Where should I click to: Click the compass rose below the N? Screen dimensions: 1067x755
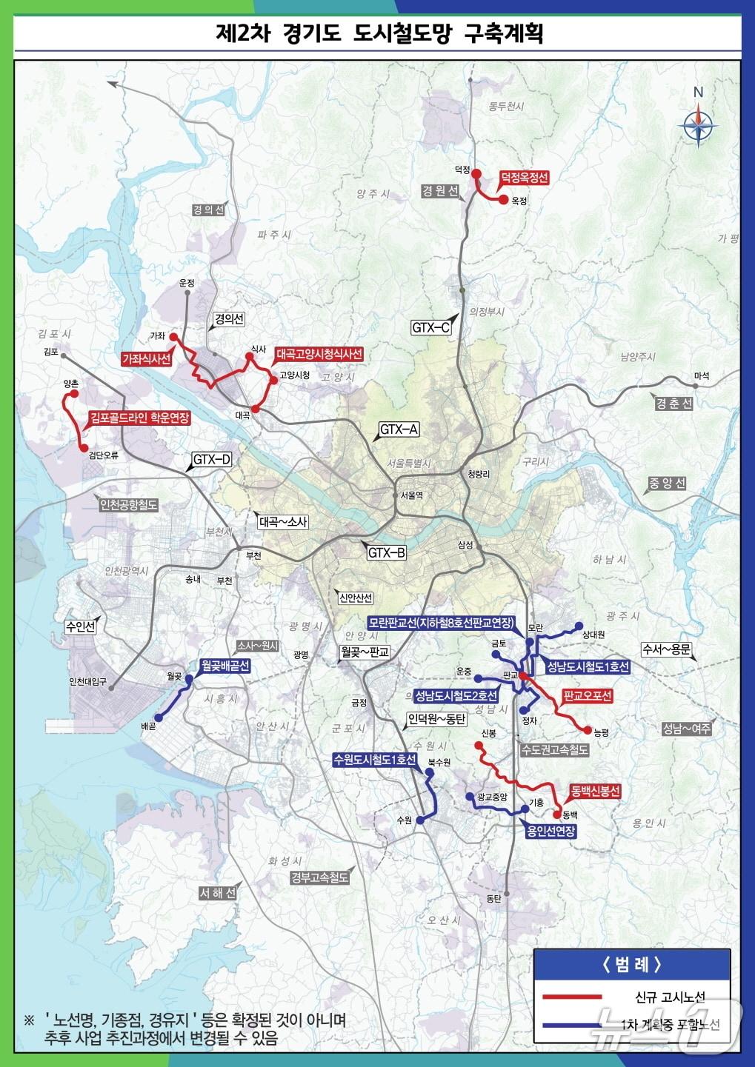pyautogui.click(x=697, y=125)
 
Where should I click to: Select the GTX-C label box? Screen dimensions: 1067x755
pyautogui.click(x=430, y=327)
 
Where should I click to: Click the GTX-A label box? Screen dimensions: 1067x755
pyautogui.click(x=399, y=429)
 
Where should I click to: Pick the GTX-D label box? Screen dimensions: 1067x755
pyautogui.click(x=212, y=460)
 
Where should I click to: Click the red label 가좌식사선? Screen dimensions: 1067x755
pyautogui.click(x=147, y=359)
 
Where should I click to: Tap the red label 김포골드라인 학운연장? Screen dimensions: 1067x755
pyautogui.click(x=139, y=418)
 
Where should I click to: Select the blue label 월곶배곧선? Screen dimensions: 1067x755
pyautogui.click(x=224, y=666)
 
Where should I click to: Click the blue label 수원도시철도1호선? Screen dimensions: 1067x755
pyautogui.click(x=375, y=760)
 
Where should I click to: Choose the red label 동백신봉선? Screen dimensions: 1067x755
pyautogui.click(x=595, y=792)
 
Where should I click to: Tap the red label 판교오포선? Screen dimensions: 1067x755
pyautogui.click(x=588, y=696)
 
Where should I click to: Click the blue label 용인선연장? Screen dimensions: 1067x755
pyautogui.click(x=550, y=831)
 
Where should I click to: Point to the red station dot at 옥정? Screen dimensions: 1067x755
pyautogui.click(x=503, y=200)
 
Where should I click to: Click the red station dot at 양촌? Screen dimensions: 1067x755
pyautogui.click(x=73, y=395)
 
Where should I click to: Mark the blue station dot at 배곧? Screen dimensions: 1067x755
pyautogui.click(x=158, y=718)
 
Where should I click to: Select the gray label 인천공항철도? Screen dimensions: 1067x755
pyautogui.click(x=129, y=505)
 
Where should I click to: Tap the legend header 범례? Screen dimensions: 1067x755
pyautogui.click(x=631, y=965)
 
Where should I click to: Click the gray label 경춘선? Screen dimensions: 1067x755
pyautogui.click(x=673, y=404)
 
